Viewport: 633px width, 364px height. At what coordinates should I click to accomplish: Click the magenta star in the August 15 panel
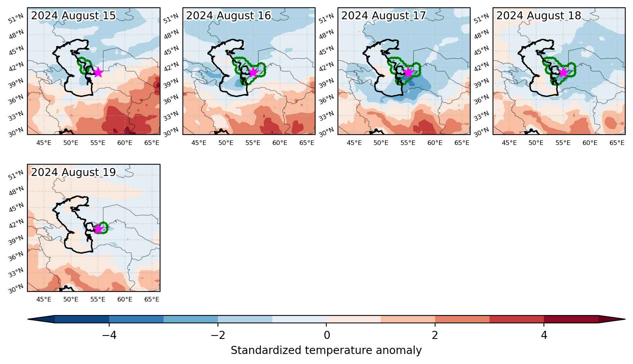click(x=98, y=72)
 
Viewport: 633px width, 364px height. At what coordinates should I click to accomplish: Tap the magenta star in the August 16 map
click(x=253, y=72)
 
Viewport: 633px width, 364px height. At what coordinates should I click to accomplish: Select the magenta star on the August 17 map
click(x=408, y=72)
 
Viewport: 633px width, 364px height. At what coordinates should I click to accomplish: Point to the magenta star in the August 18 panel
click(x=563, y=72)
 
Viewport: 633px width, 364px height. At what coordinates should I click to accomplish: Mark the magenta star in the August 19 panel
click(x=98, y=229)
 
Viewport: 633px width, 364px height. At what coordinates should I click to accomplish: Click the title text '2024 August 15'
click(x=73, y=15)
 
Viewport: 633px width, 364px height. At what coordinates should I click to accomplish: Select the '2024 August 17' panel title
click(x=383, y=15)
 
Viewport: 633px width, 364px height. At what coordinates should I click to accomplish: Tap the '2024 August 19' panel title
click(x=73, y=172)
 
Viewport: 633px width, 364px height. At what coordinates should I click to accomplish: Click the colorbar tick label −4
click(x=109, y=335)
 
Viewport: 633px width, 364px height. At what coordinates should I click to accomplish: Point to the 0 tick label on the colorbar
click(x=327, y=335)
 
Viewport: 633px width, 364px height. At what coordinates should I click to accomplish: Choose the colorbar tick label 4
click(x=544, y=335)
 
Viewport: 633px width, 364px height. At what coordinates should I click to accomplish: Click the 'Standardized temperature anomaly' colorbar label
click(x=326, y=351)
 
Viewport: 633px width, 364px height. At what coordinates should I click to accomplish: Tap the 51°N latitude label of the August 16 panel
click(x=171, y=18)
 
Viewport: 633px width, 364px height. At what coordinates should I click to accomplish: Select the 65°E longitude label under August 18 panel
click(x=617, y=143)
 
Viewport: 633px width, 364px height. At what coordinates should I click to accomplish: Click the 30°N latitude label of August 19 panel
click(x=16, y=289)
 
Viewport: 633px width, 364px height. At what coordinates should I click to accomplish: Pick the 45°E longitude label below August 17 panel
click(x=354, y=143)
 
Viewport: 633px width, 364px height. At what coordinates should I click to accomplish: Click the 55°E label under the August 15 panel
click(x=98, y=143)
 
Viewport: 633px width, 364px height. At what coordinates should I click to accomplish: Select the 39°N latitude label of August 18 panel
click(x=481, y=83)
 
